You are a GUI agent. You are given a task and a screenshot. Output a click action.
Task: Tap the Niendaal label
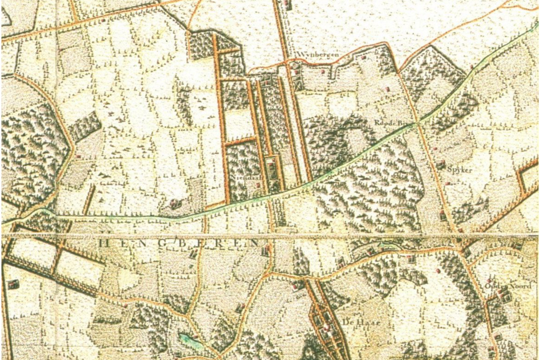241,177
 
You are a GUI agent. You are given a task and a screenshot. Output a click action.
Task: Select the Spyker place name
460,169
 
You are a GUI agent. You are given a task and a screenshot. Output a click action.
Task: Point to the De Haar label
354,322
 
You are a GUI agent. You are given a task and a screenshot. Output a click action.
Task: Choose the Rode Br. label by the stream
388,123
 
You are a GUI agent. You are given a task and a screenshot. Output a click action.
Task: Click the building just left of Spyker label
441,164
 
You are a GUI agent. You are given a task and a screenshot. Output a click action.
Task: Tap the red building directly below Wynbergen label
295,71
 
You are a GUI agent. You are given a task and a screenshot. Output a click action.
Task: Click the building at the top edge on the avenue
287,5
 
